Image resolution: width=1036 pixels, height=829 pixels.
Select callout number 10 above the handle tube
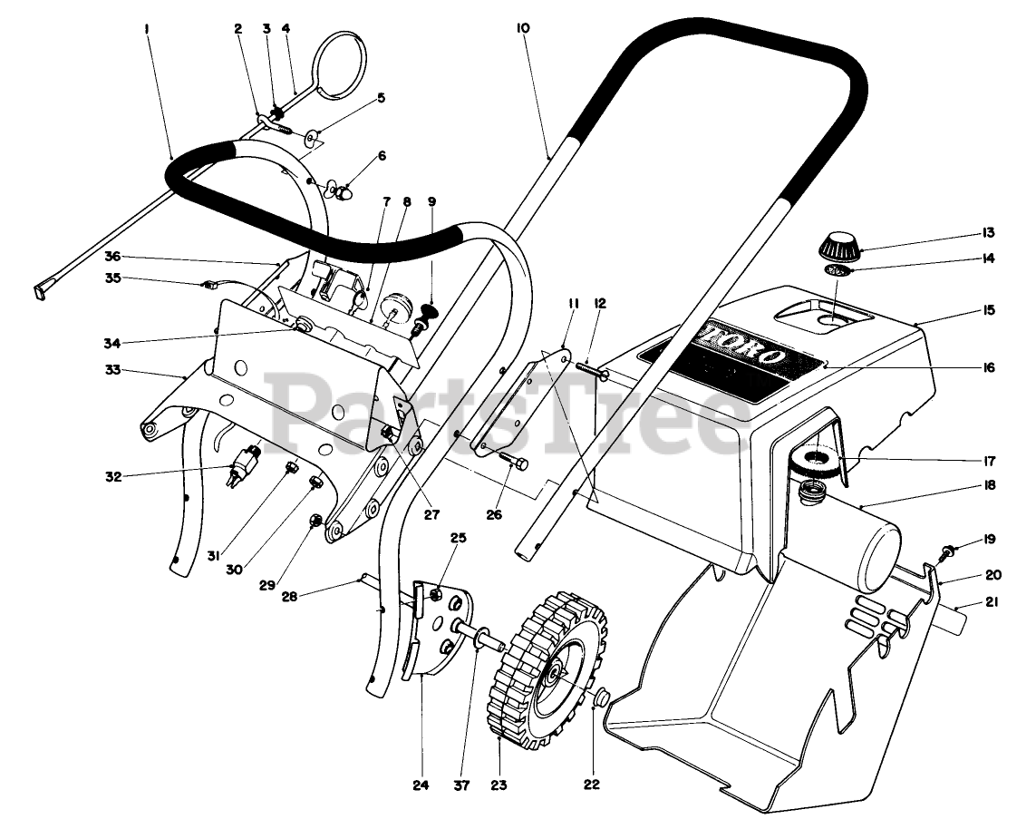click(523, 28)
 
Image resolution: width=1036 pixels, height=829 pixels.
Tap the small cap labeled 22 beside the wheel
click(599, 700)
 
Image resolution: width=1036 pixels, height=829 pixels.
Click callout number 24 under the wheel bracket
click(420, 785)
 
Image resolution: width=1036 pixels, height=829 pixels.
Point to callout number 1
click(146, 29)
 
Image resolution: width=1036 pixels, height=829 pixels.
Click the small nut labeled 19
click(946, 550)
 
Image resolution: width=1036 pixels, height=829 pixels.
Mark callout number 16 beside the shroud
click(986, 367)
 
